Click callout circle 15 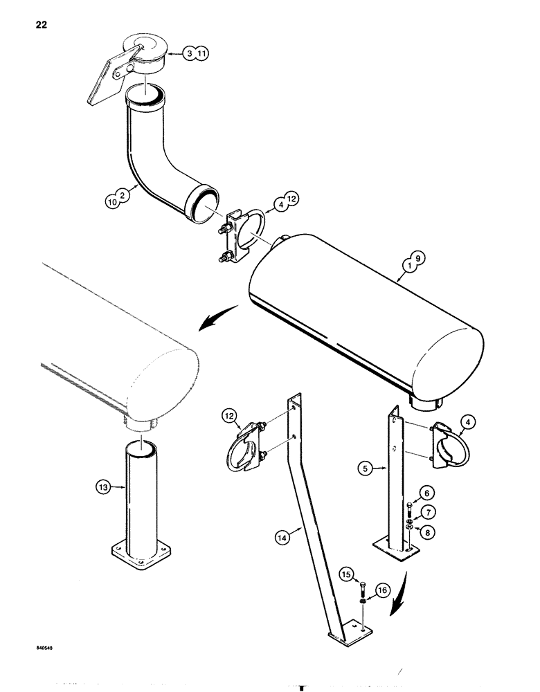345,572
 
